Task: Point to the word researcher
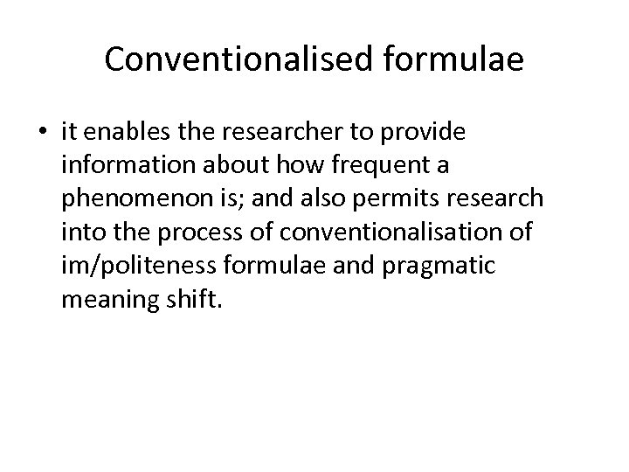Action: pyautogui.click(x=275, y=131)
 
